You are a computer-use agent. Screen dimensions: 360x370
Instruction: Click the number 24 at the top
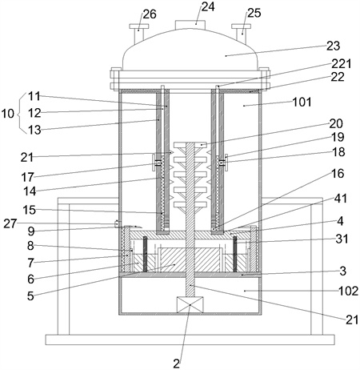click(208, 7)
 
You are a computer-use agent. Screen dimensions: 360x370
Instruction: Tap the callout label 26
click(150, 14)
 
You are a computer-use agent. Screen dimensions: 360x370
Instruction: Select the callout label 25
click(254, 13)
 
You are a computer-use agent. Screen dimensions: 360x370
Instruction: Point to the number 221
click(342, 64)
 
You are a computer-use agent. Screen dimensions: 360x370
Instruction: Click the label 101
click(302, 102)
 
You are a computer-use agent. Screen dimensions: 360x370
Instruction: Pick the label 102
click(348, 291)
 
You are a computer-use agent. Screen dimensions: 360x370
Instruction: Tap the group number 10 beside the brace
click(8, 114)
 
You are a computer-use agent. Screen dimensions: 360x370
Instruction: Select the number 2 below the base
click(177, 364)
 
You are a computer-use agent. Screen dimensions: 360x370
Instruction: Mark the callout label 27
click(10, 223)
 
